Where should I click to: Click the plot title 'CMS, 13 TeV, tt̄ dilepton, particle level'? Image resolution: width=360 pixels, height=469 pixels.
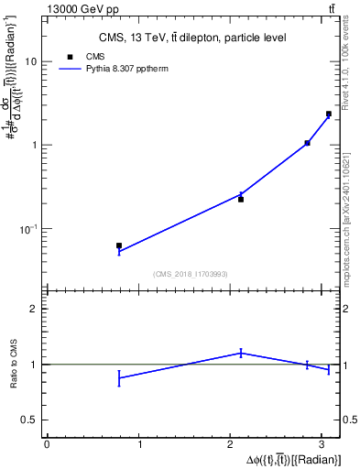pyautogui.click(x=192, y=38)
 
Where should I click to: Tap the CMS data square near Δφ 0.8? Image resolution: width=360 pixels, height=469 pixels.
pyautogui.click(x=119, y=245)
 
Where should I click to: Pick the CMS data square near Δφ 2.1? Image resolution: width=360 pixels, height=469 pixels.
pyautogui.click(x=241, y=199)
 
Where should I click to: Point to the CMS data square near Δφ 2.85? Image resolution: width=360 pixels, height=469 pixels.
pyautogui.click(x=307, y=143)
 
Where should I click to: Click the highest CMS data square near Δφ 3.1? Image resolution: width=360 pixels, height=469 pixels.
pyautogui.click(x=329, y=114)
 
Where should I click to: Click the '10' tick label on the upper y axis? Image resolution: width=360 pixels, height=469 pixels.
pyautogui.click(x=31, y=61)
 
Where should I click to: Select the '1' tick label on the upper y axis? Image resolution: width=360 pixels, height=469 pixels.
pyautogui.click(x=35, y=145)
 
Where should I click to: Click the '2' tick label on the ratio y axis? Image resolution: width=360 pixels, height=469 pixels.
pyautogui.click(x=35, y=309)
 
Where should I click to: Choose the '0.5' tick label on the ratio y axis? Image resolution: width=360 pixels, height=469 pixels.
pyautogui.click(x=30, y=420)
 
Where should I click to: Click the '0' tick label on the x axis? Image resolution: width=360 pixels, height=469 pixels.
pyautogui.click(x=47, y=444)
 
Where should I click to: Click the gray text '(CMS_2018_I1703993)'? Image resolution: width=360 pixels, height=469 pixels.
pyautogui.click(x=191, y=274)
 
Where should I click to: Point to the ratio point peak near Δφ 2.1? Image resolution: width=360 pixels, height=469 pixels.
pyautogui.click(x=241, y=352)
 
